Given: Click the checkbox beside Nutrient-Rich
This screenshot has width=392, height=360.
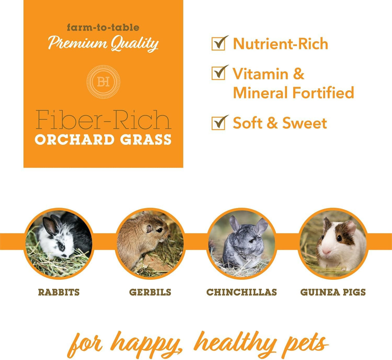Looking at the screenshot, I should pyautogui.click(x=218, y=44).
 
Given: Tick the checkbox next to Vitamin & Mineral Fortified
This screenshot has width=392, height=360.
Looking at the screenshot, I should pyautogui.click(x=218, y=74).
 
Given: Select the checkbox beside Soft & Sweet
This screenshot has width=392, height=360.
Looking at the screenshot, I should pyautogui.click(x=218, y=124).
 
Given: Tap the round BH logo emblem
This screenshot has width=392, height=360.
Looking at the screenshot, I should pyautogui.click(x=103, y=82).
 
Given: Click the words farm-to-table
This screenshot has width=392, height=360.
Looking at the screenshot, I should pyautogui.click(x=103, y=27).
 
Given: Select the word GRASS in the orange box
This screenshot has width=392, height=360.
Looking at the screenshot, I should pyautogui.click(x=146, y=140).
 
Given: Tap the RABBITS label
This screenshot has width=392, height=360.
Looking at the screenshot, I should pyautogui.click(x=59, y=292).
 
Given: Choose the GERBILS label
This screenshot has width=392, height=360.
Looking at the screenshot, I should pyautogui.click(x=150, y=292).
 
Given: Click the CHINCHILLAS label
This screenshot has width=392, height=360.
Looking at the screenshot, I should pyautogui.click(x=242, y=292).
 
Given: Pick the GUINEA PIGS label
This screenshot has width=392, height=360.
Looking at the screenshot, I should pyautogui.click(x=333, y=292).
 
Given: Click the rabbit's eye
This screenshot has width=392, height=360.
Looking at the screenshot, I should pyautogui.click(x=62, y=247).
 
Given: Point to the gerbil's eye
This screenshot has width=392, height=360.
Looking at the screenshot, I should pyautogui.click(x=160, y=230).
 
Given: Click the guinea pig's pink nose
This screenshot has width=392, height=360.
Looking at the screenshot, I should pyautogui.click(x=326, y=252).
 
